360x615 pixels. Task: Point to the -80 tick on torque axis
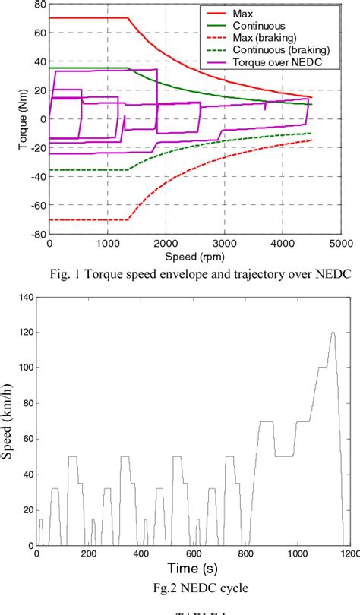click(x=36, y=235)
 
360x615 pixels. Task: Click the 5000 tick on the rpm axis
click(x=339, y=244)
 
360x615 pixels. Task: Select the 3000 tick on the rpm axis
click(x=224, y=244)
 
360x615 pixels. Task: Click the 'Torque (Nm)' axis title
click(x=10, y=120)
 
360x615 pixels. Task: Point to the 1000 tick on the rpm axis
click(x=108, y=244)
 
